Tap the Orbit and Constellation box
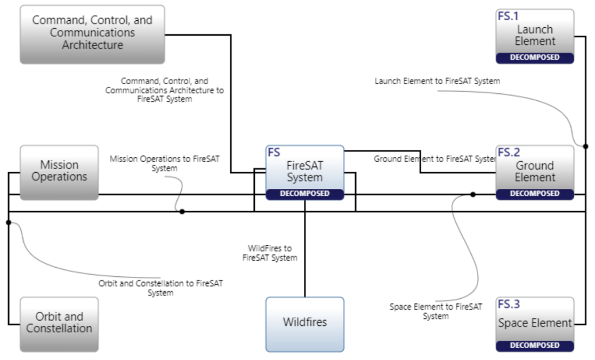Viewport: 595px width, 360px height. pos(59,323)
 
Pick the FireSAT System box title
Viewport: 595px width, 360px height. pos(305,171)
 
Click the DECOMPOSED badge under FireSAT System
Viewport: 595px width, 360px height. pos(305,194)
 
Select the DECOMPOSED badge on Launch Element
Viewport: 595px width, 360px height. pos(535,58)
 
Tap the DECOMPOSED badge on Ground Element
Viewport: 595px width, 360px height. pos(535,194)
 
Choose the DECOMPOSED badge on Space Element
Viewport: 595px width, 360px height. pos(535,346)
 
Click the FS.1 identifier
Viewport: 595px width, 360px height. pos(508,17)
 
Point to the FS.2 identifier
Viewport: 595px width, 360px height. pos(509,153)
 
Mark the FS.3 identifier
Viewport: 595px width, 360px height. pos(509,305)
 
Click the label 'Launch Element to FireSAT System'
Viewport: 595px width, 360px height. pos(437,82)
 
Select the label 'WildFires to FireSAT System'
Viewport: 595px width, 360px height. pos(270,253)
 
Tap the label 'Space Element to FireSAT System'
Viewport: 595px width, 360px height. pos(436,311)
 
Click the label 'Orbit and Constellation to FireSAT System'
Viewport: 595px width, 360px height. pos(160,288)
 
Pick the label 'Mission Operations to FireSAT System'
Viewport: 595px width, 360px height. pos(164,163)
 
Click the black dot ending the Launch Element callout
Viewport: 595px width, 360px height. pos(585,146)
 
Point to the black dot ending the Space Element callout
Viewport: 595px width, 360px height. pos(472,195)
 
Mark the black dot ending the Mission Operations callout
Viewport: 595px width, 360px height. pos(182,212)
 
